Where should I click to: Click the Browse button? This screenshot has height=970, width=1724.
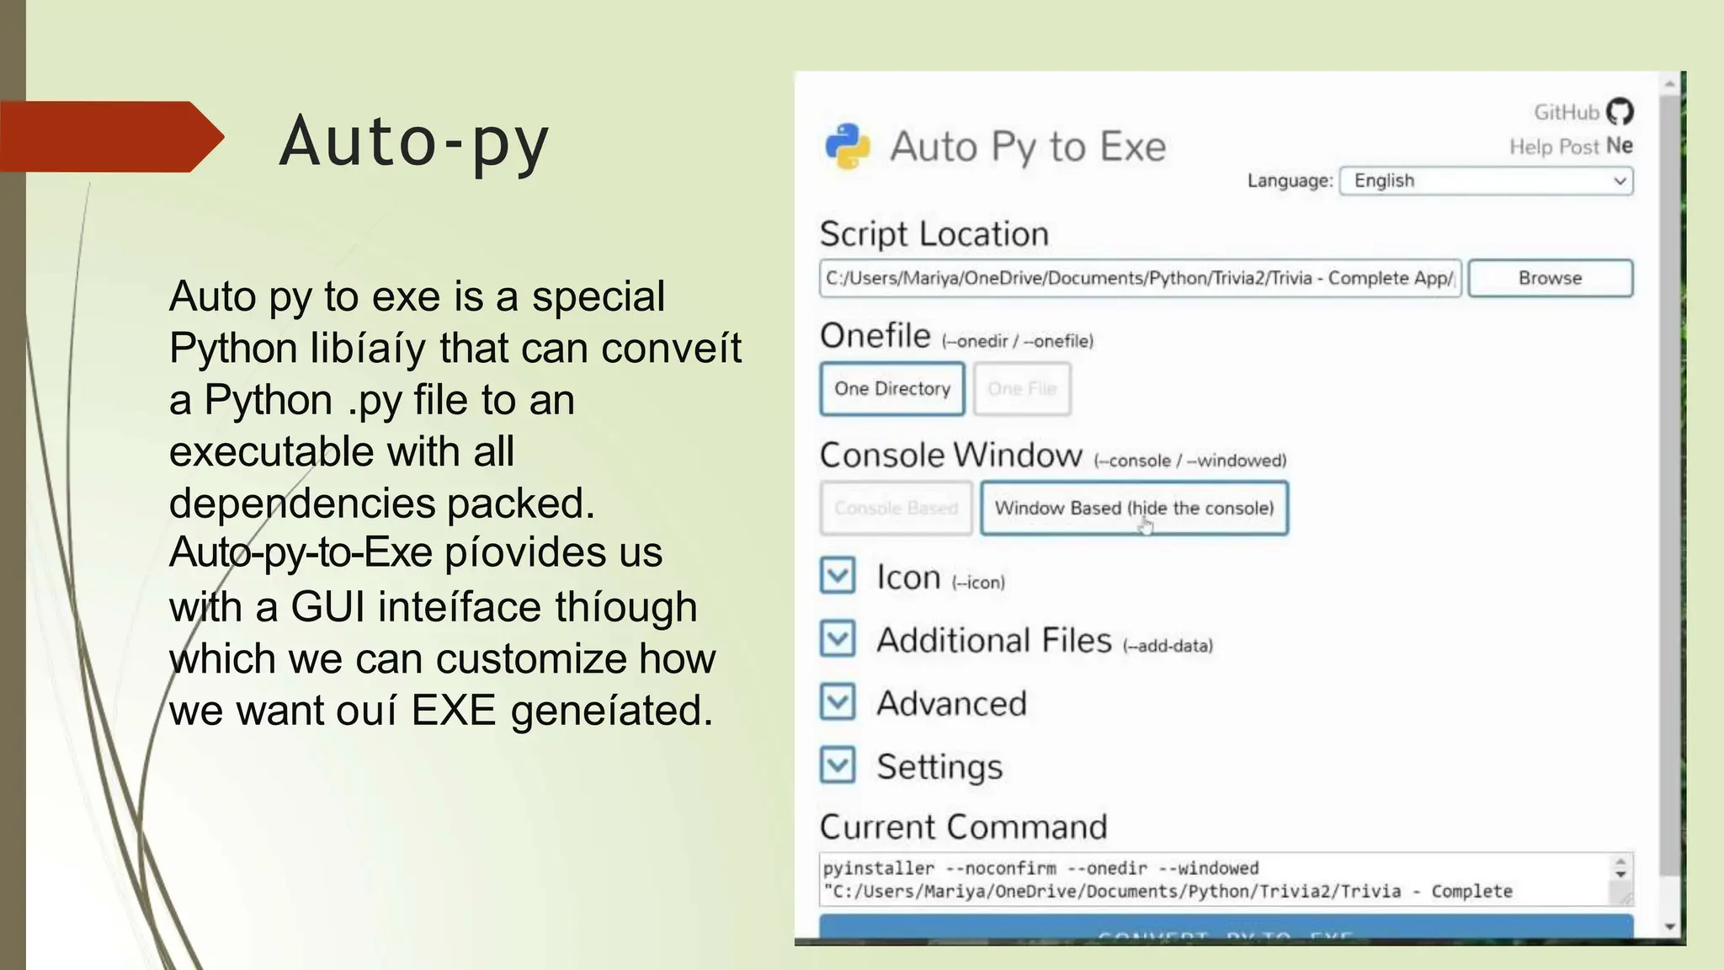[1550, 278]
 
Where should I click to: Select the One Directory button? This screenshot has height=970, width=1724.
[892, 389]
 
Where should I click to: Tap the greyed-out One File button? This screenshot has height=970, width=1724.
[1022, 389]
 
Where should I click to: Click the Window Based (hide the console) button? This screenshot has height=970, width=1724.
[1134, 508]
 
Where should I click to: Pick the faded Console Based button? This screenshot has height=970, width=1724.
[896, 508]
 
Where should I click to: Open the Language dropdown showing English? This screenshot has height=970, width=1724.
[1487, 181]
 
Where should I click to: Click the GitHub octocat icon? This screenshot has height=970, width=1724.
[1620, 111]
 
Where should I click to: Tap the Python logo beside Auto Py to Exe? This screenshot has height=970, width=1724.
[848, 147]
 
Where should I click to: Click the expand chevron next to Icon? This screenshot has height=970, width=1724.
[838, 576]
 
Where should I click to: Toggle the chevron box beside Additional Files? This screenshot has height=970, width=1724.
[838, 639]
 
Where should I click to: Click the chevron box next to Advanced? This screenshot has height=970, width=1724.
[838, 702]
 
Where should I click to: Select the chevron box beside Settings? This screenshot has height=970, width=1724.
[838, 765]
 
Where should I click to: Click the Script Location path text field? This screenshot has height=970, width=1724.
[1140, 278]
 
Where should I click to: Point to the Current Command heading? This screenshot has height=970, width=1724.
[963, 827]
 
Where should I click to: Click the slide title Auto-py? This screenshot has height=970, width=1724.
[413, 141]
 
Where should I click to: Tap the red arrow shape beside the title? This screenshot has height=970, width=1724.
[109, 136]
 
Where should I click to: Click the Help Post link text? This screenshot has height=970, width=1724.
[1553, 147]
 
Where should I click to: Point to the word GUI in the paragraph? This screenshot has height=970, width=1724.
[327, 607]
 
